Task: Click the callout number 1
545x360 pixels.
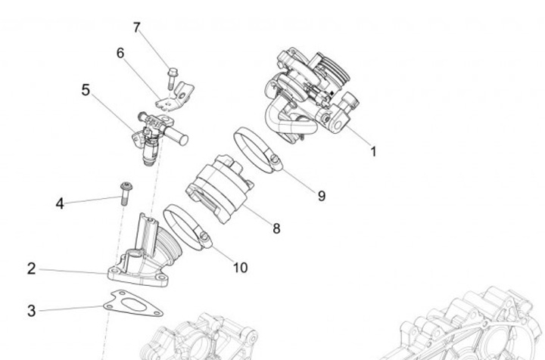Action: tap(373, 151)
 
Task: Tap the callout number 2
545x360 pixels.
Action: tap(31, 268)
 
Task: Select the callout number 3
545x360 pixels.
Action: tap(31, 310)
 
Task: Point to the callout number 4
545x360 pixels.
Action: tap(60, 203)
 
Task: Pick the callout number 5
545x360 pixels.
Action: tap(86, 91)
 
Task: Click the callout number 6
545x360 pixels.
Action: tap(120, 53)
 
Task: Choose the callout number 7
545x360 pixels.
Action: tap(137, 28)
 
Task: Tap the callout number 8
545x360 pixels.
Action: tap(276, 228)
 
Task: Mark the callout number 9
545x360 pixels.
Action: tap(322, 196)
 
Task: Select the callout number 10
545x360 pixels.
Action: tap(240, 267)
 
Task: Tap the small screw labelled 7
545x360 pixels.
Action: tap(171, 77)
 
